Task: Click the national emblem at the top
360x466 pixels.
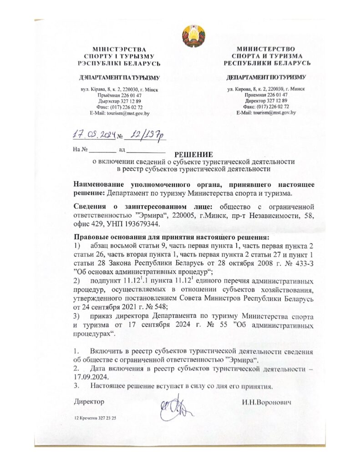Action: tap(193, 35)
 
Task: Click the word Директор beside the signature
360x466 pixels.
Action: tap(89, 402)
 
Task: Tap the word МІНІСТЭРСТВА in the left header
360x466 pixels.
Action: tap(119, 49)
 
